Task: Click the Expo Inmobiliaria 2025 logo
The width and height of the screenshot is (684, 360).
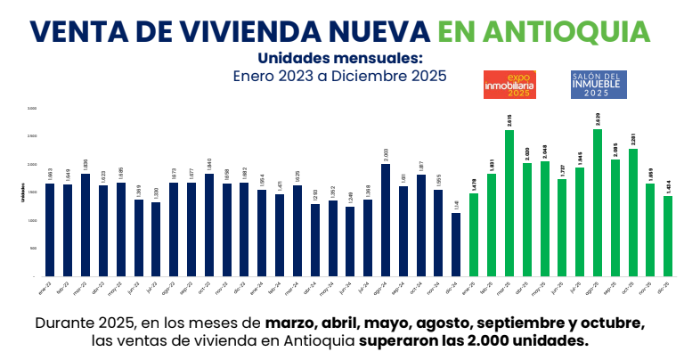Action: pos(507,84)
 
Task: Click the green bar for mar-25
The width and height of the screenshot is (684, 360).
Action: pos(509,203)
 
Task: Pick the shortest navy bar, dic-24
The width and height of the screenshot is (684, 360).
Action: pos(456,245)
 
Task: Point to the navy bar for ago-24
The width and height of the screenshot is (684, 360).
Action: pos(386,220)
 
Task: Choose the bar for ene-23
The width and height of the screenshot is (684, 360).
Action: pos(50,230)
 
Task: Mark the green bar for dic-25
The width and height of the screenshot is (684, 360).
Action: pos(668,236)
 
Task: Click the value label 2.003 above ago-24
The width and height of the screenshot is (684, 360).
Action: pos(386,154)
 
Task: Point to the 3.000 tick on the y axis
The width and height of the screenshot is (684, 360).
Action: pos(32,109)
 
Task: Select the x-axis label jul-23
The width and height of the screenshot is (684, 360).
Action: pos(155,289)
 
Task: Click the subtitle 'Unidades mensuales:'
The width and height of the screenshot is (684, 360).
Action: pos(340,58)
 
